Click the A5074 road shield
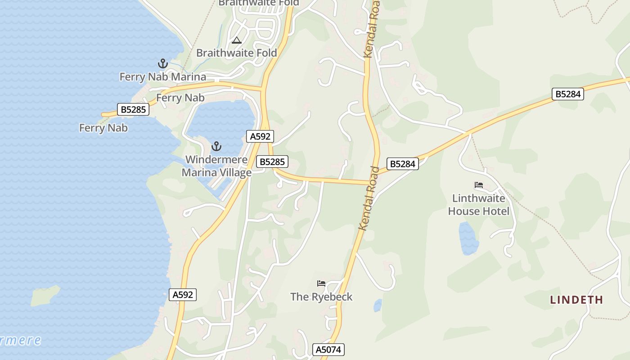pyautogui.click(x=328, y=350)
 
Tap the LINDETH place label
pyautogui.click(x=576, y=300)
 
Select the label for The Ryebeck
pyautogui.click(x=321, y=297)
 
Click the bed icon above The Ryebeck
pyautogui.click(x=321, y=283)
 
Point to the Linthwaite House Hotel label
pyautogui.click(x=479, y=205)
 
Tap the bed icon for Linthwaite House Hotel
pyautogui.click(x=479, y=185)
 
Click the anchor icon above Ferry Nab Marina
pyautogui.click(x=162, y=63)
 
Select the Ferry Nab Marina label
pyautogui.click(x=162, y=77)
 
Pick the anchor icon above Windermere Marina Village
pyautogui.click(x=216, y=146)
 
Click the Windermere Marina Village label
pyautogui.click(x=216, y=166)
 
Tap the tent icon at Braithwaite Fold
pyautogui.click(x=237, y=40)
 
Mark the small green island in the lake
pyautogui.click(x=45, y=296)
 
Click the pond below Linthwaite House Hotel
pyautogui.click(x=468, y=238)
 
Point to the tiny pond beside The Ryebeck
pyautogui.click(x=378, y=306)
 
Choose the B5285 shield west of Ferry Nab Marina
pyautogui.click(x=133, y=109)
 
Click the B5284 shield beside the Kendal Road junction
pyautogui.click(x=402, y=164)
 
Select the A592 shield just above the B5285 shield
pyautogui.click(x=260, y=136)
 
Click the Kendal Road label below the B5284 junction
pyautogui.click(x=369, y=198)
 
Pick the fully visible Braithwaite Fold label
pyautogui.click(x=237, y=53)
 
